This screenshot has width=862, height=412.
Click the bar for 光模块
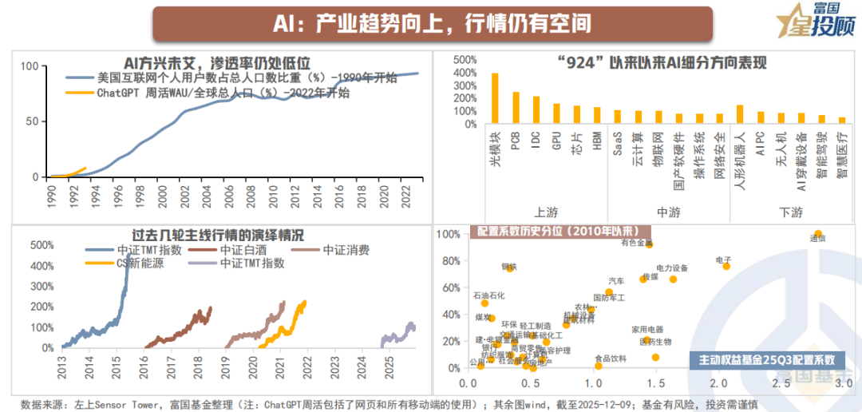click(x=495, y=98)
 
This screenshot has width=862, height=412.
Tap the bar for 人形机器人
click(x=740, y=114)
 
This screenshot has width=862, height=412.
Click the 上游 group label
click(x=546, y=212)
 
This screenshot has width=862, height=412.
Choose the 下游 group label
click(x=791, y=212)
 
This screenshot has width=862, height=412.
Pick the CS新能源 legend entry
click(x=140, y=263)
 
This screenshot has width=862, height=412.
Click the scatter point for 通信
click(x=817, y=234)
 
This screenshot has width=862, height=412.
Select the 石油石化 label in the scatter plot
click(x=488, y=295)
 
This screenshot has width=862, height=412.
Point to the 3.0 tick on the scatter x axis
click(x=842, y=384)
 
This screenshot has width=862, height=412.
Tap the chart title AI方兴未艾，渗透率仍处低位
click(x=216, y=62)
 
